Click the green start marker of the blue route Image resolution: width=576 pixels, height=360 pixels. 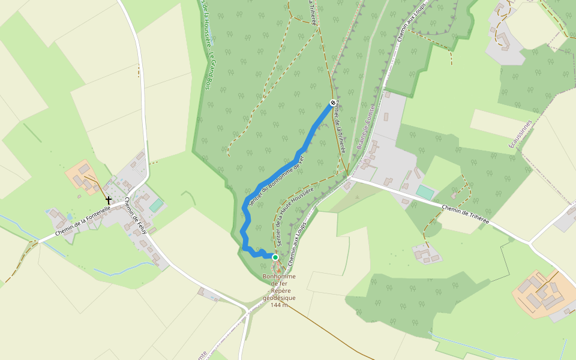(275, 257)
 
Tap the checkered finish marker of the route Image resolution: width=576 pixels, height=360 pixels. (332, 103)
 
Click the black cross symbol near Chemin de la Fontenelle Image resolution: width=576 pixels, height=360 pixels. (109, 199)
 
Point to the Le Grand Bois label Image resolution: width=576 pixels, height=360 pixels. (209, 73)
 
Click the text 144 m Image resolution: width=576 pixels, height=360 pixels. (279, 305)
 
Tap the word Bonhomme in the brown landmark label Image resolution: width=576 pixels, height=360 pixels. (279, 277)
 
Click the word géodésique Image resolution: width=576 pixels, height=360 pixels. (279, 298)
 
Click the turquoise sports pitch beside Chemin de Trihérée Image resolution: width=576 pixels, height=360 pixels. (425, 192)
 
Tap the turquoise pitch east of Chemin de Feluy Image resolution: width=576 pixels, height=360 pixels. (156, 205)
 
